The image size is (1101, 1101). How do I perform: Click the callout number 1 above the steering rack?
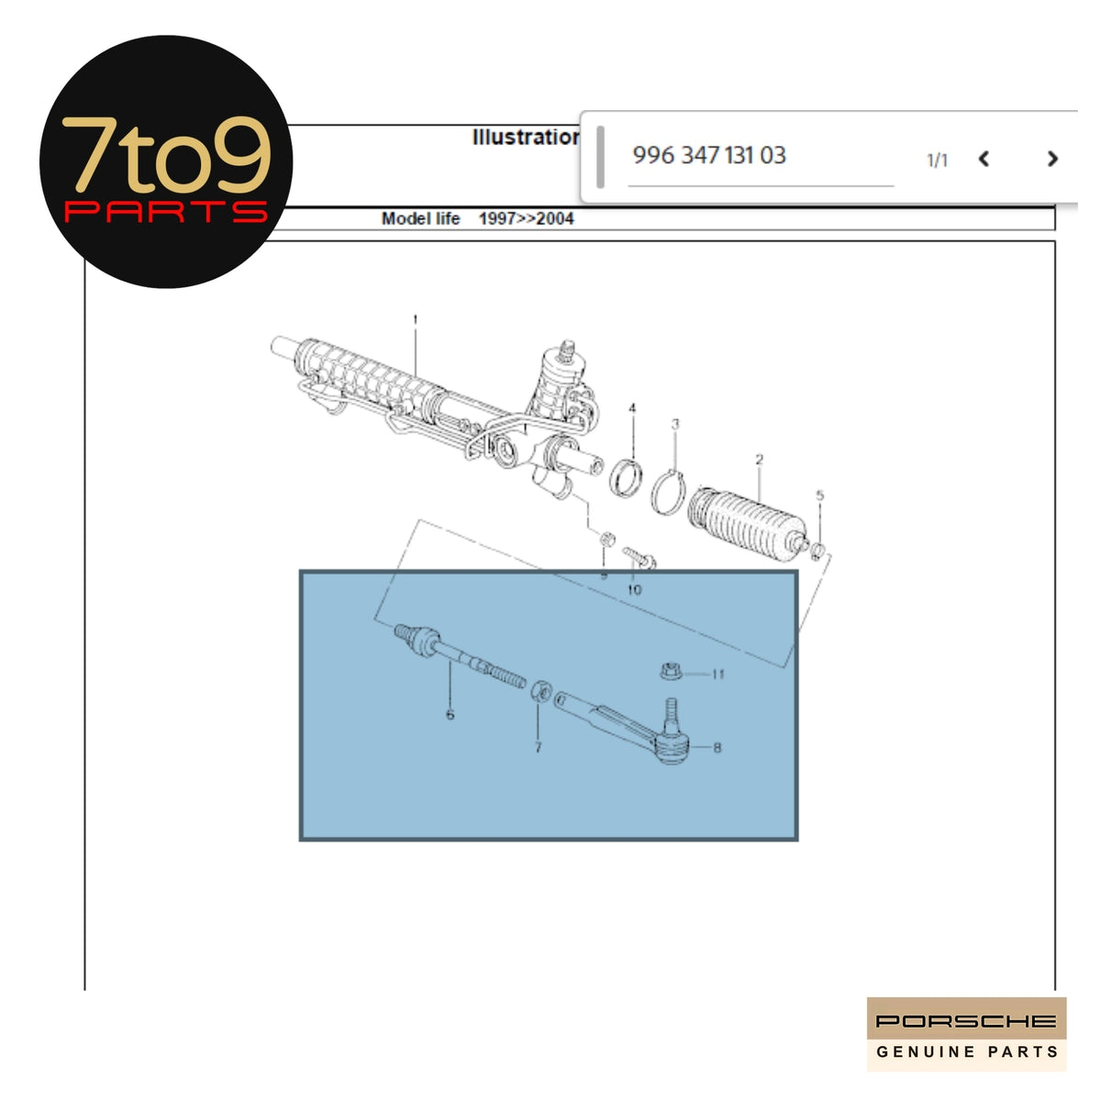[x=416, y=320]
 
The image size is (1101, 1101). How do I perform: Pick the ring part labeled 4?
[x=626, y=477]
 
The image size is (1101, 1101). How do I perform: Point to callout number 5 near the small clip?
[x=820, y=495]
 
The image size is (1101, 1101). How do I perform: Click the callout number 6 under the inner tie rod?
[x=450, y=714]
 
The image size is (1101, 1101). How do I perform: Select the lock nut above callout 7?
[x=541, y=690]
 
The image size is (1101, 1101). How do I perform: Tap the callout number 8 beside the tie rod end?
[x=717, y=747]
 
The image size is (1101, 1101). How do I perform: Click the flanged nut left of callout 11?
[x=671, y=672]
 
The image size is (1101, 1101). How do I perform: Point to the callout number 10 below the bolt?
[x=634, y=590]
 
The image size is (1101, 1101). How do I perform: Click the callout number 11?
[x=717, y=674]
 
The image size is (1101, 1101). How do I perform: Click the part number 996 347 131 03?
[x=708, y=155]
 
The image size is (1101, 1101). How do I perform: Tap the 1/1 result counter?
[x=937, y=161]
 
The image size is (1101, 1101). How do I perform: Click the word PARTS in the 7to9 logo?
[x=165, y=213]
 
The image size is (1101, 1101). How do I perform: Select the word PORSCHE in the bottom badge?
[x=965, y=1021]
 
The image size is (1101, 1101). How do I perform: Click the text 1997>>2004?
[x=526, y=219]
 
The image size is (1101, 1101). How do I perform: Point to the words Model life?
[x=420, y=219]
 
